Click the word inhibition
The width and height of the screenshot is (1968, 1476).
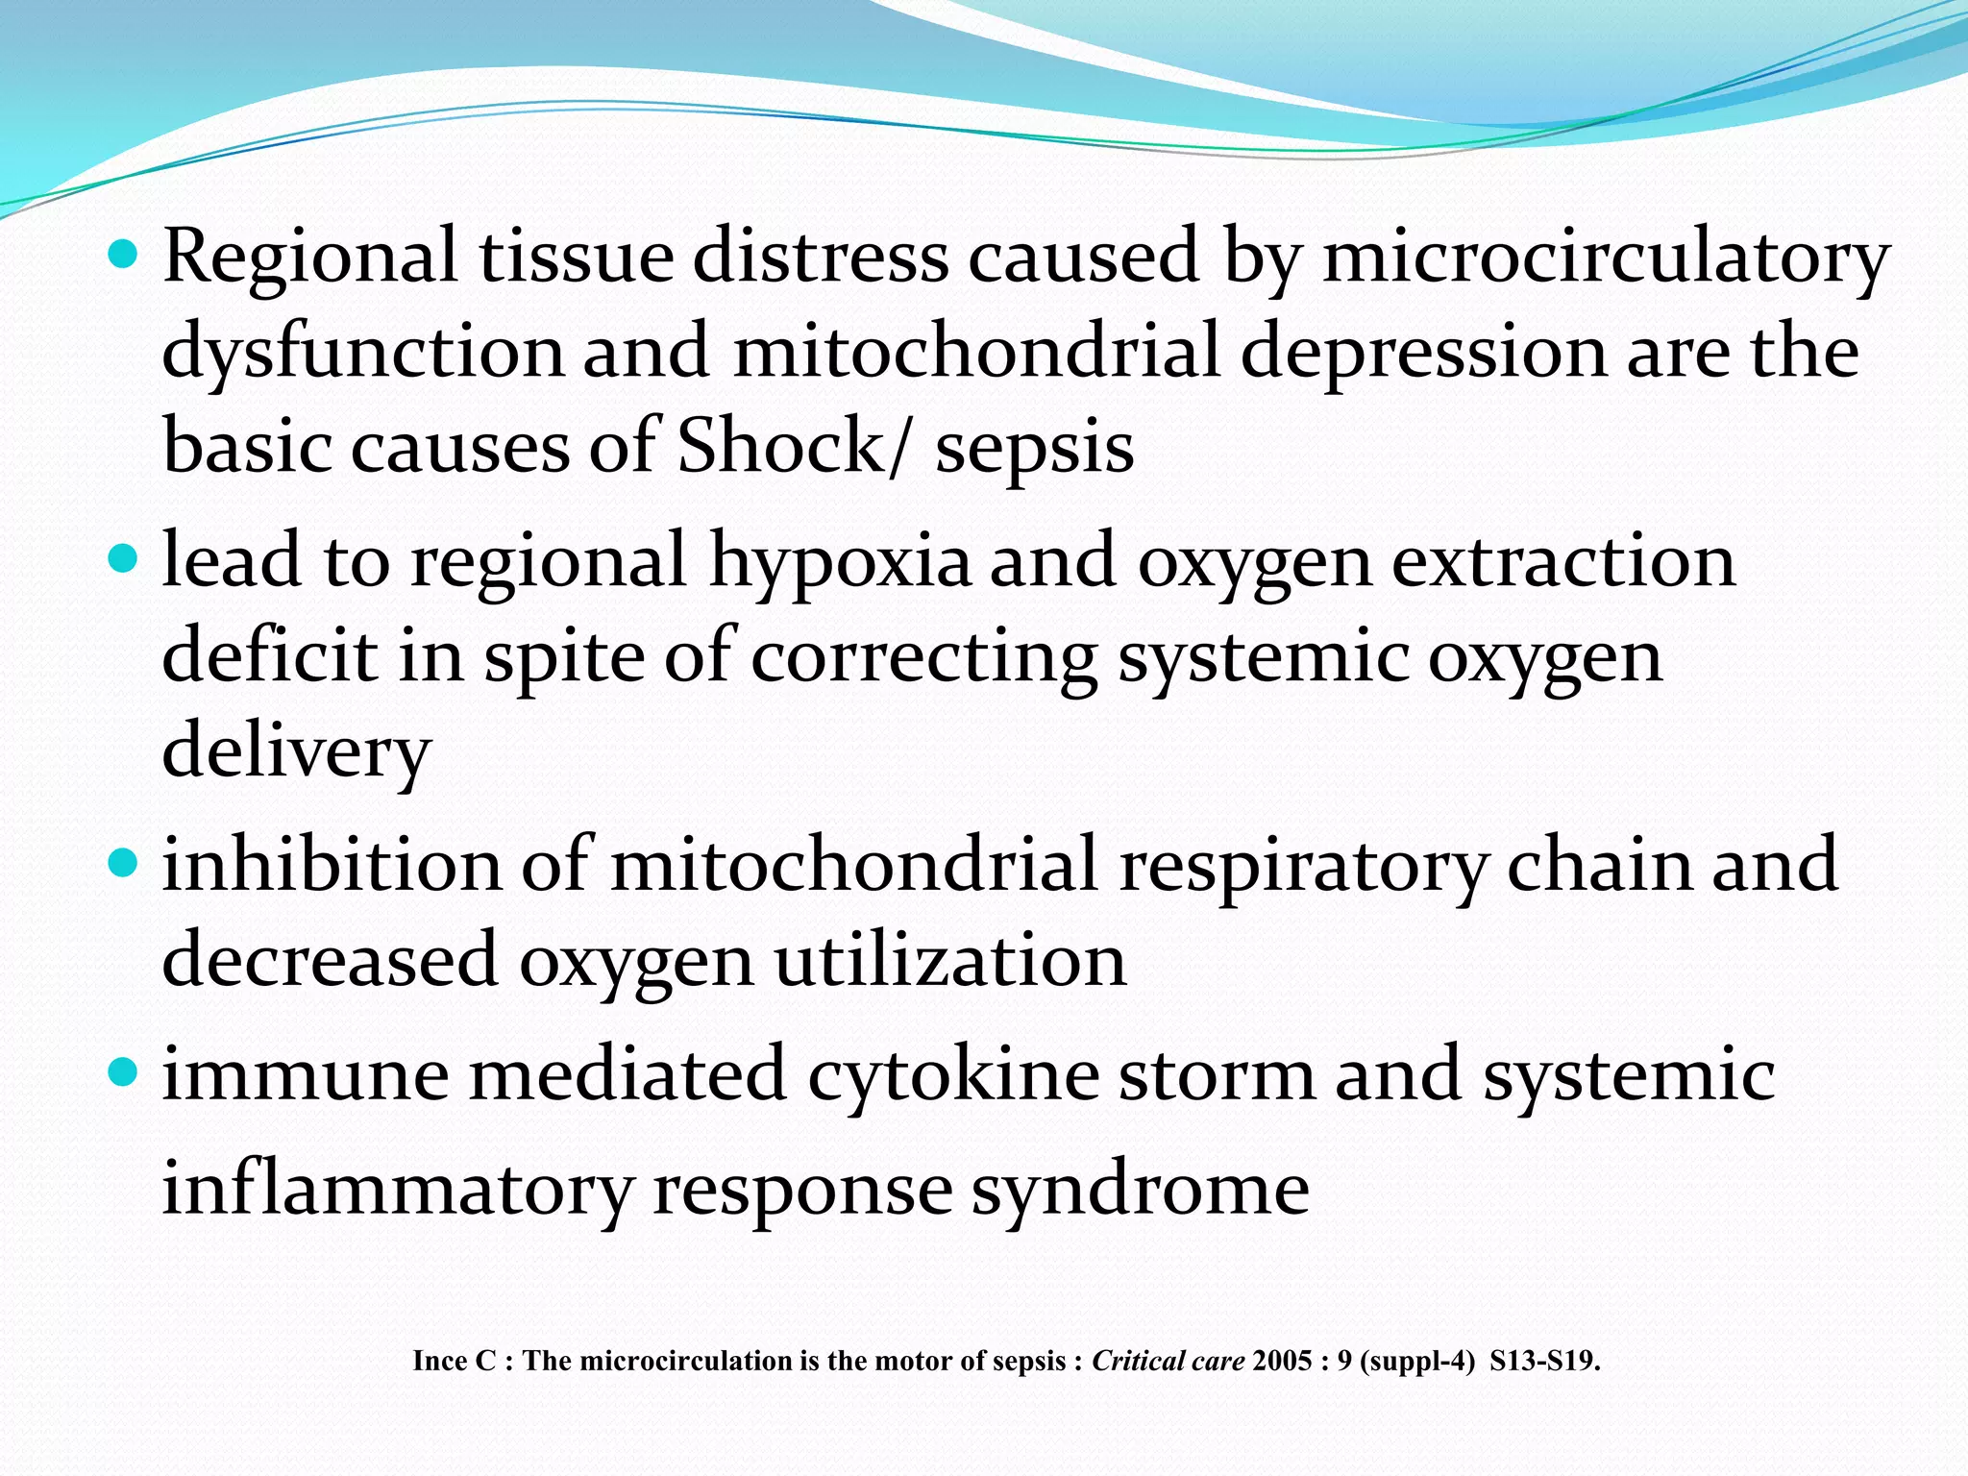[332, 864]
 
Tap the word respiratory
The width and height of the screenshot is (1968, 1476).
[1302, 864]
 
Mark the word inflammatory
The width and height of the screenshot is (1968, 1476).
[397, 1189]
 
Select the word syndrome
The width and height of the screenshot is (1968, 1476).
[1140, 1189]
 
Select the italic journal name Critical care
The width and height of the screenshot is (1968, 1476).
[1168, 1361]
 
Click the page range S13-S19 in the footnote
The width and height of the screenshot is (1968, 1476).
[1543, 1361]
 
